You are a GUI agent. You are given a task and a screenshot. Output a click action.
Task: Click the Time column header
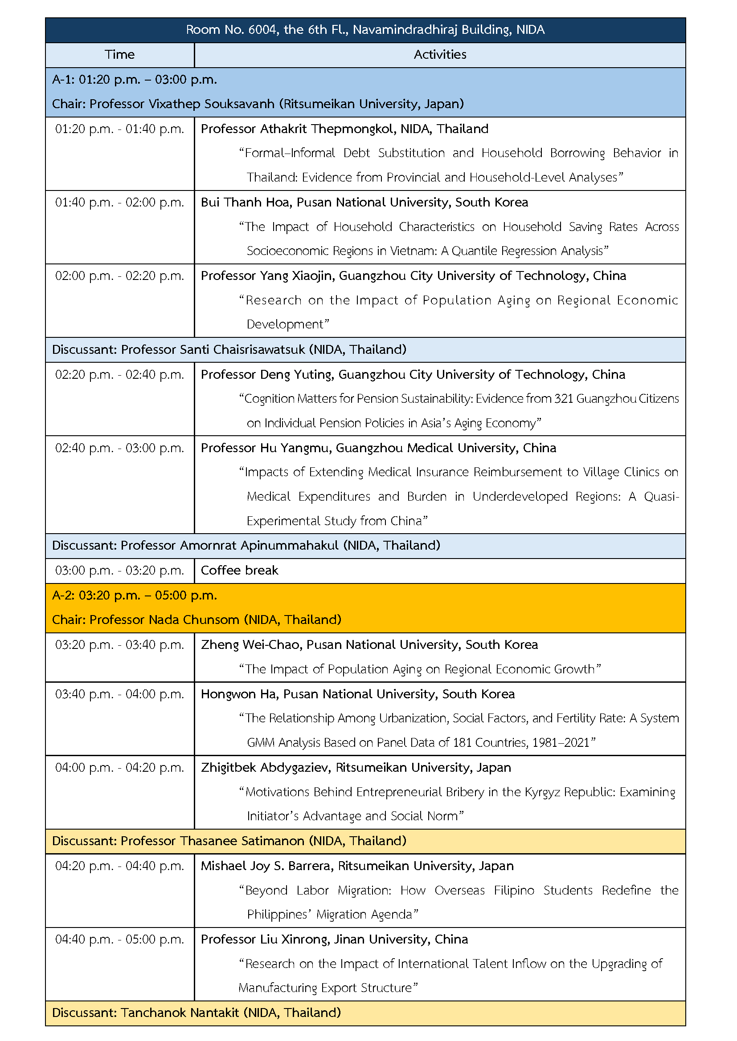tap(120, 55)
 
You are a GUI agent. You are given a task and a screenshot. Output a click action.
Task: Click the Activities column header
tap(440, 55)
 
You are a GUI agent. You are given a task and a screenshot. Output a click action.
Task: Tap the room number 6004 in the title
tap(262, 30)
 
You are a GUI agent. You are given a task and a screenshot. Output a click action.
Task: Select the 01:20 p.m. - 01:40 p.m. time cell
tap(120, 129)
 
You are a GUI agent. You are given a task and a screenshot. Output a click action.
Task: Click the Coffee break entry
tap(239, 571)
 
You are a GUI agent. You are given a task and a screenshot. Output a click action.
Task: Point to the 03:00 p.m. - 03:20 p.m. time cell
tap(120, 571)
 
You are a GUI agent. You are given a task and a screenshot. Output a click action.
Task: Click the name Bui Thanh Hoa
tap(245, 202)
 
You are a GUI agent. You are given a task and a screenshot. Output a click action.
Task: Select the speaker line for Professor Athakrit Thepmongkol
tap(344, 129)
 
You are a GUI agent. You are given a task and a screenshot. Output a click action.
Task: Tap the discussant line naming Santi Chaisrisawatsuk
tap(229, 349)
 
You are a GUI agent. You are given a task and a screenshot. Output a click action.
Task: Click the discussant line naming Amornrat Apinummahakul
tap(246, 546)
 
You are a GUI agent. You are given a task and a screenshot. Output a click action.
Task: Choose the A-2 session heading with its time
tap(134, 595)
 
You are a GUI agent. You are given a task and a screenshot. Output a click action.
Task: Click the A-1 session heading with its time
tap(134, 80)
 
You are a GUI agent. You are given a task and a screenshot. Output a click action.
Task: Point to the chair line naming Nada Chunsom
tap(197, 620)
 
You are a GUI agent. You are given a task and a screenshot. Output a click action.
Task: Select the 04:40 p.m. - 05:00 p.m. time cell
tap(120, 940)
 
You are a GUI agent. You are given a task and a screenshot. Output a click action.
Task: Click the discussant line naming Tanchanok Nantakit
tap(197, 1013)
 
